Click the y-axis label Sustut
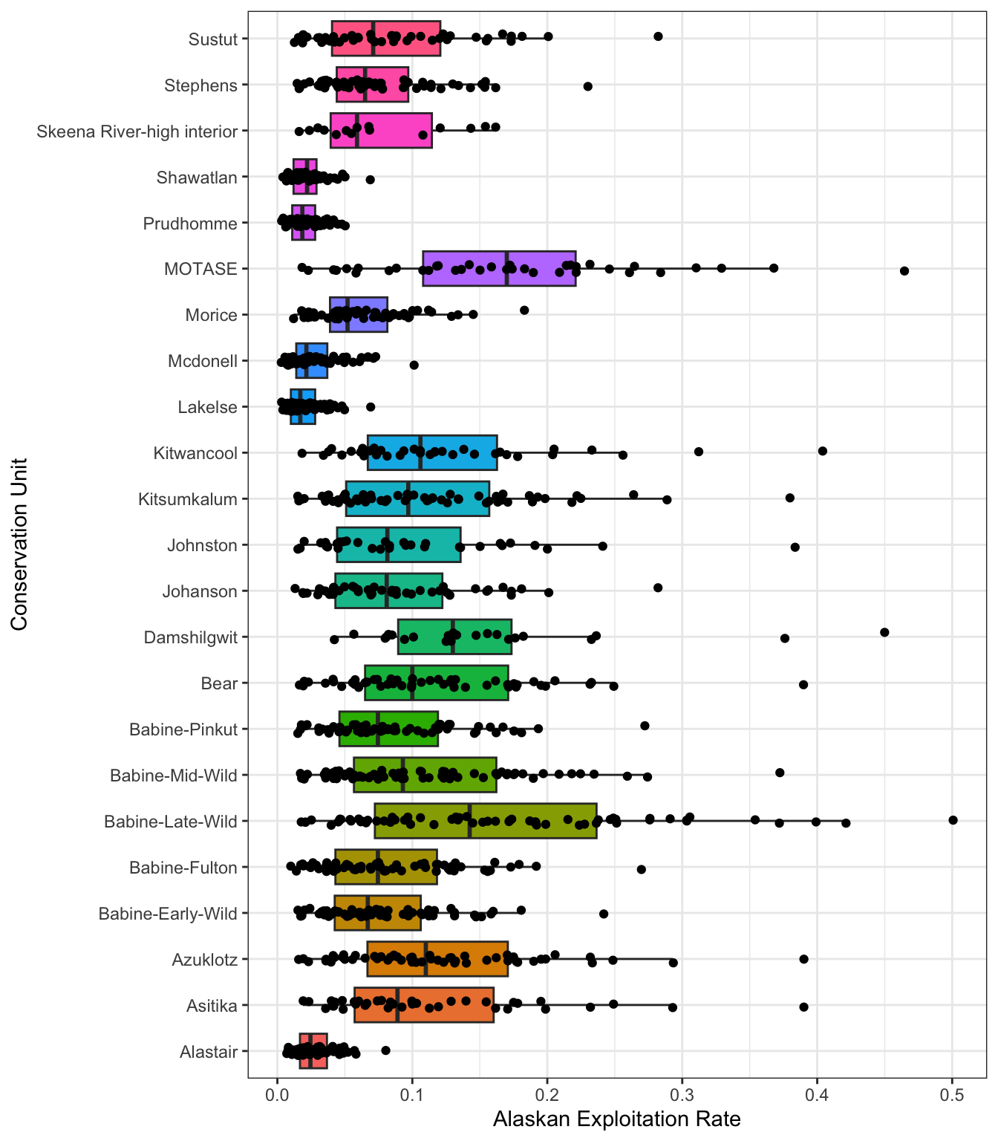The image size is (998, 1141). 212,39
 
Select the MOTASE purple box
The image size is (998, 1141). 499,269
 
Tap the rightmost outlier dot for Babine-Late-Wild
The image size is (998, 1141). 953,820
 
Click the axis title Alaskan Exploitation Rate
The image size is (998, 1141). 616,1119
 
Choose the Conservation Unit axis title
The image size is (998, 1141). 19,545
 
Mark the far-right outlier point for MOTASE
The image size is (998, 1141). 904,271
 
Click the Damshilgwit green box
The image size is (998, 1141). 454,637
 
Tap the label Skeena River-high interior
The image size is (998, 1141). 137,131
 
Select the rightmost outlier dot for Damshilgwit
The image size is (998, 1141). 884,632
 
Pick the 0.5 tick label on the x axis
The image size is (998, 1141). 952,1095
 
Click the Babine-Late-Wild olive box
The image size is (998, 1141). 486,821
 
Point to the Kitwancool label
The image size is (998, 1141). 195,453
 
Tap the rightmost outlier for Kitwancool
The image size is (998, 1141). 822,451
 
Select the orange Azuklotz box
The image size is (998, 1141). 437,959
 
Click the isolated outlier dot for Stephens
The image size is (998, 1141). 587,86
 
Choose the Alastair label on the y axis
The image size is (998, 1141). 209,1052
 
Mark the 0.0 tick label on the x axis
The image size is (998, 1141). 277,1095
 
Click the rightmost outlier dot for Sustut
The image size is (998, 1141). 658,36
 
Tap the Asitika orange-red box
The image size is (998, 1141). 424,1005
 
